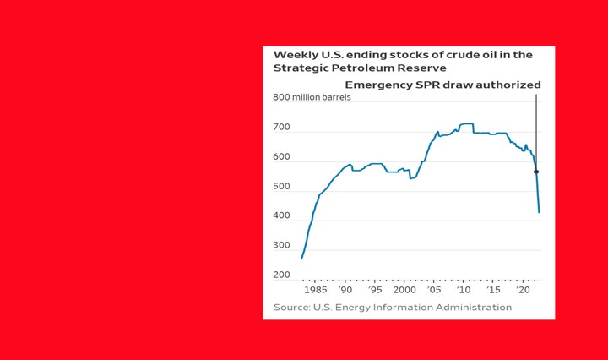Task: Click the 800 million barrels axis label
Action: pyautogui.click(x=311, y=97)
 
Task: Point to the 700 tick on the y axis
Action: pyautogui.click(x=281, y=128)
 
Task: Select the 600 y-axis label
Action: pyautogui.click(x=281, y=157)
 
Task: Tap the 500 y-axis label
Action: pyautogui.click(x=281, y=187)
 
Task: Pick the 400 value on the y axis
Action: pyautogui.click(x=281, y=216)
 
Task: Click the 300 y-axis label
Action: pyautogui.click(x=281, y=246)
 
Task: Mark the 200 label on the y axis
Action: pyautogui.click(x=281, y=275)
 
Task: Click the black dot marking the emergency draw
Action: pyautogui.click(x=535, y=172)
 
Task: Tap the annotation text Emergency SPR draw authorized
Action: pyautogui.click(x=442, y=85)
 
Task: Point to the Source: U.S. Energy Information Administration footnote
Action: pyautogui.click(x=393, y=307)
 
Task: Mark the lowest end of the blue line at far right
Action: pyautogui.click(x=539, y=212)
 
